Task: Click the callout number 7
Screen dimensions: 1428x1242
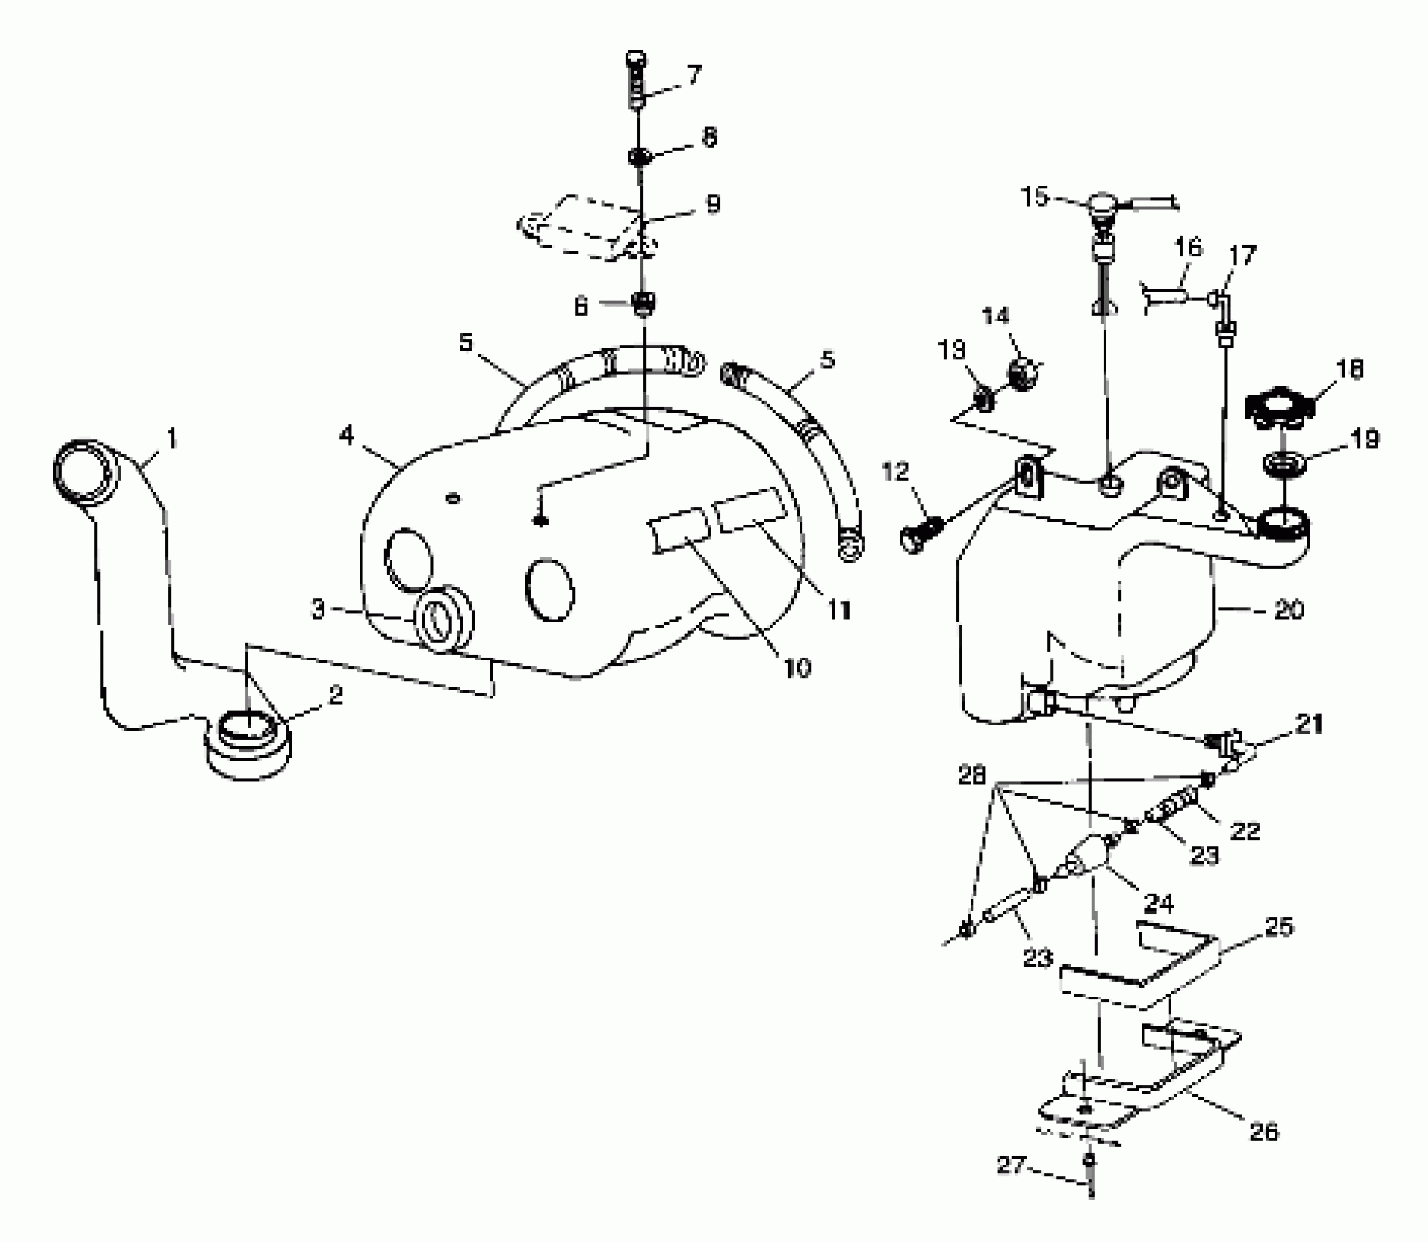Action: coord(694,75)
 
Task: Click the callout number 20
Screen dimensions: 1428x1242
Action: coord(1288,609)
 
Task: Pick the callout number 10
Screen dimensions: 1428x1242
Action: coord(797,667)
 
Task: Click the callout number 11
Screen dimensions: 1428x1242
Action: coord(839,609)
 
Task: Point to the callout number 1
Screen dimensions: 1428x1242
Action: coord(171,439)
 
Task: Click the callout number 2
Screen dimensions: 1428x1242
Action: coord(335,695)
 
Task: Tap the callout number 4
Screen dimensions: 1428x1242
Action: coord(346,436)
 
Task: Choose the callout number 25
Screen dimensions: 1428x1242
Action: coord(1278,927)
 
